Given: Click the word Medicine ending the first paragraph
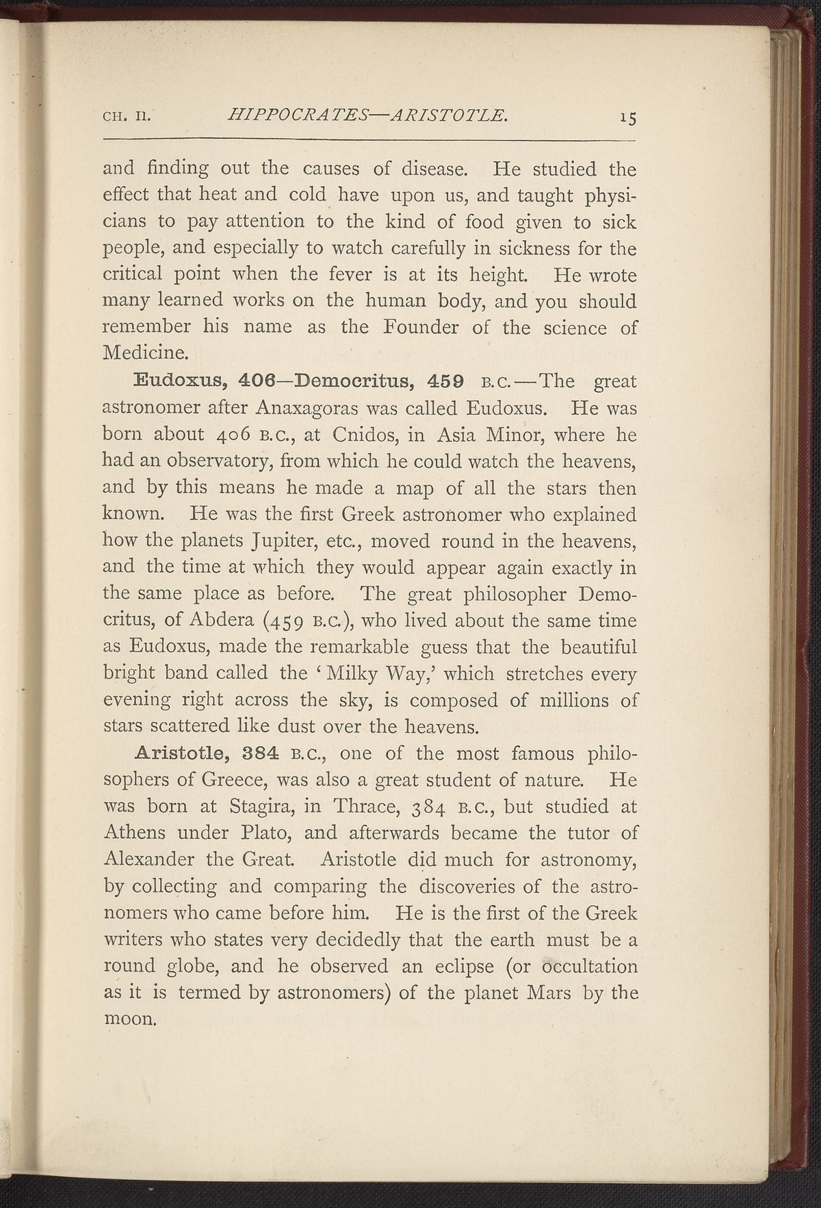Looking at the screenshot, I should click(142, 354).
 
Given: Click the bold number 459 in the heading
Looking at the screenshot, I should click(445, 381).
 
